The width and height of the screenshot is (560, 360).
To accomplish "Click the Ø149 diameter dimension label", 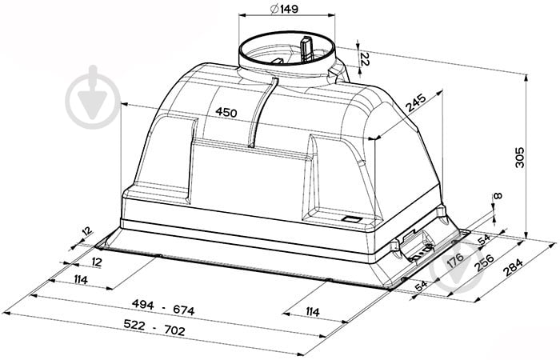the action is (x=284, y=9).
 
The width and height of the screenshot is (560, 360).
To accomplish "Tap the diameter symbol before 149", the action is (x=274, y=9).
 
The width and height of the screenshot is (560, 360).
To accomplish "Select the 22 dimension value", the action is (x=365, y=59).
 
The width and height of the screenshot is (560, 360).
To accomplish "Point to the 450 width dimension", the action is (x=226, y=113).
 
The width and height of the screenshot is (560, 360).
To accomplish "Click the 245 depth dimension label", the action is (x=416, y=103).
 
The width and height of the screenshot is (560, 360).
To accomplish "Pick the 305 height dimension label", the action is (x=520, y=157).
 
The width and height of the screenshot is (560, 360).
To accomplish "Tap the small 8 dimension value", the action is (x=498, y=196).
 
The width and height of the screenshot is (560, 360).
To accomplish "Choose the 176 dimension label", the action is (x=455, y=260).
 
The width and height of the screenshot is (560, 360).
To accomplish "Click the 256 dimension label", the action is (x=483, y=263).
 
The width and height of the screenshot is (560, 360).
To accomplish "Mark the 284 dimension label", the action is (x=513, y=267).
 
